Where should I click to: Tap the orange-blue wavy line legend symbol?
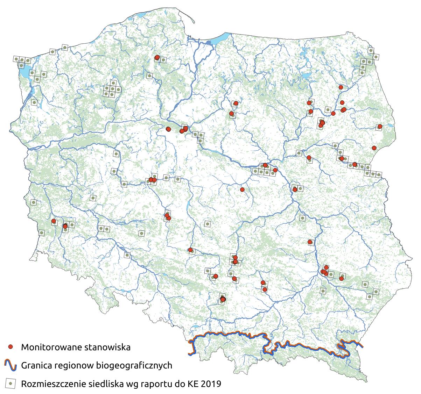[x=11, y=365]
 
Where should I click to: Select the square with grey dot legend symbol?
[x=11, y=384]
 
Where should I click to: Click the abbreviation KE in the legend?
[x=191, y=384]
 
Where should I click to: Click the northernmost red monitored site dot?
[x=157, y=57]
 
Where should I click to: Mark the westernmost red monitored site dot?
[x=54, y=221]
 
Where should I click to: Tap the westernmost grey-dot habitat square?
[x=16, y=59]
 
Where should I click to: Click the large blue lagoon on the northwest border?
[x=24, y=72]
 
